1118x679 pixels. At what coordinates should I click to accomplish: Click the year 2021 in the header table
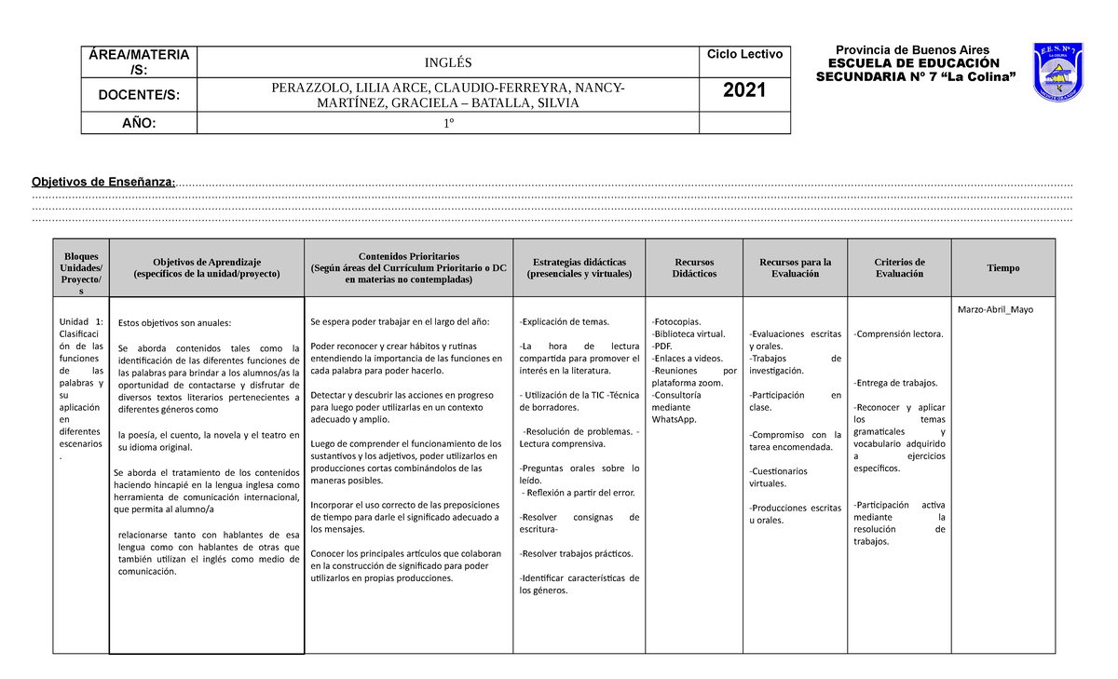tap(744, 90)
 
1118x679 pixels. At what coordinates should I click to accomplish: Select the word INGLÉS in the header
tap(448, 62)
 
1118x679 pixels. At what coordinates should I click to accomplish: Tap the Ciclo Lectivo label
tap(744, 55)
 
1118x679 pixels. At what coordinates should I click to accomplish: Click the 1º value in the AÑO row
tap(448, 123)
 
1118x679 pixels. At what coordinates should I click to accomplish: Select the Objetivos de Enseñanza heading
tap(102, 182)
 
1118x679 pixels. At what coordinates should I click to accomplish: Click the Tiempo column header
tap(1002, 268)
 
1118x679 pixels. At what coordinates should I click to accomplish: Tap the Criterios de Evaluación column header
tap(899, 268)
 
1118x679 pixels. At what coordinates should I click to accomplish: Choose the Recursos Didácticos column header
tap(695, 268)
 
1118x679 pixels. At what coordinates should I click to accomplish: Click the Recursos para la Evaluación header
tap(796, 268)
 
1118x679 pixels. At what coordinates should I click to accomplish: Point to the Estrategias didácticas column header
tap(579, 268)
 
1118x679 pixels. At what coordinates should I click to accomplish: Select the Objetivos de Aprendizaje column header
tap(207, 268)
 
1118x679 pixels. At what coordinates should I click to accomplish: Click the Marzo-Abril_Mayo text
tap(995, 309)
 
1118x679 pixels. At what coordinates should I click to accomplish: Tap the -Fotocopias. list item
tap(677, 321)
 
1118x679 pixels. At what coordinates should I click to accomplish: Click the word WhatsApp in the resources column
tap(675, 419)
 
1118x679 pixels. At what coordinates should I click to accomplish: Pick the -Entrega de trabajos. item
tap(895, 383)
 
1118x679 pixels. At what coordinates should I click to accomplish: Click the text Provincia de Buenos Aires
tap(912, 50)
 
